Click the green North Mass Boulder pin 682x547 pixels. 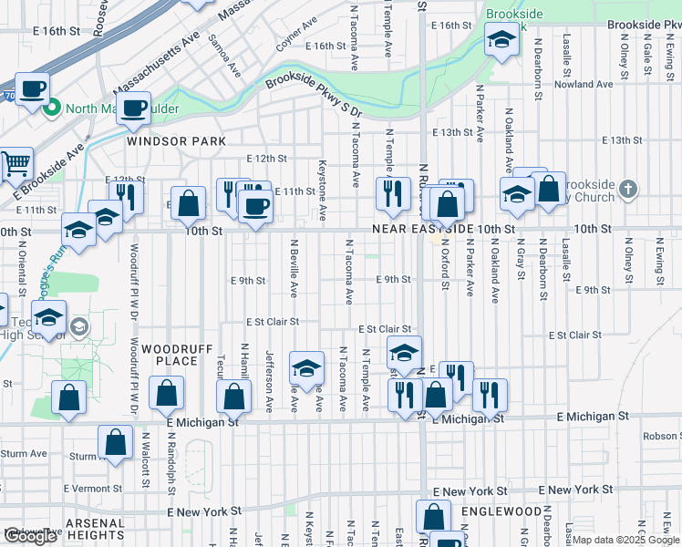pos(51,108)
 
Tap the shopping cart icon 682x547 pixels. pos(15,164)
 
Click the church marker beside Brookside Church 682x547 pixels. pos(626,189)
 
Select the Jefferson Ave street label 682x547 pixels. pos(269,381)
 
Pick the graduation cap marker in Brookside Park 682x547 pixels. pos(500,39)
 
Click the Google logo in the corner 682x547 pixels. pos(31,536)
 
